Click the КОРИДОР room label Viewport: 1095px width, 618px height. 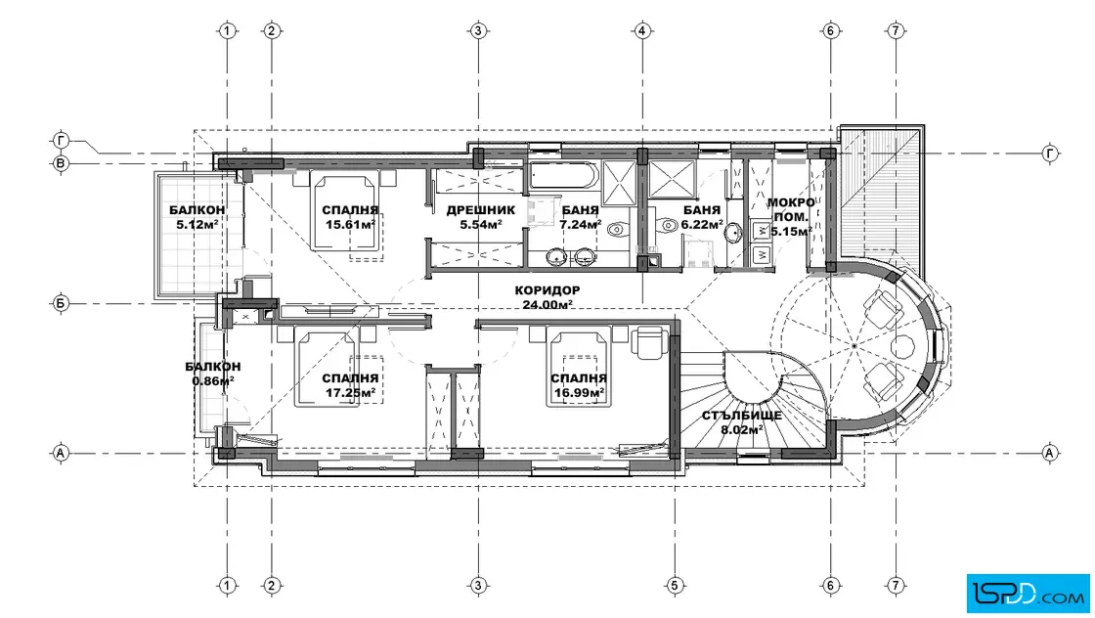547,289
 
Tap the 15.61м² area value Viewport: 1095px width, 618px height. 351,224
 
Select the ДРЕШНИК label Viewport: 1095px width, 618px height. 480,209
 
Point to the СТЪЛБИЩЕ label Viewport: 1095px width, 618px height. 742,416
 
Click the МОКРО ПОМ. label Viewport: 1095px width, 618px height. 791,209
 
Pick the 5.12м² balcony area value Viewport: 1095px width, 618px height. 197,224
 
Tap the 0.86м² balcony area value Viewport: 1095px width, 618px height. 213,380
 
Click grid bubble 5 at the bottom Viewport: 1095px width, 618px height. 674,585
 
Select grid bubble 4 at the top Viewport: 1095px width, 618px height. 641,30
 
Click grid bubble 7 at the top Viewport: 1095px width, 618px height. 896,30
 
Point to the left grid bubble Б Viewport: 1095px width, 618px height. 61,304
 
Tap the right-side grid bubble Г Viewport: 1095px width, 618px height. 1050,153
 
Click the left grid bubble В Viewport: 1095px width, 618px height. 61,164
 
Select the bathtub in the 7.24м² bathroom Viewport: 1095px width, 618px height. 563,176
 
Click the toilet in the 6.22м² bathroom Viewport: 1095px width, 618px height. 668,225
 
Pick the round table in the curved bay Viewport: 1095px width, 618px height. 903,346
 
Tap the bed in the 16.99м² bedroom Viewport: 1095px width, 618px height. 578,368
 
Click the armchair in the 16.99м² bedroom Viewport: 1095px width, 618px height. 649,343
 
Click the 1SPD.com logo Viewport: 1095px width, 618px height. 1028,594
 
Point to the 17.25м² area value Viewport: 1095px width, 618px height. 351,392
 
